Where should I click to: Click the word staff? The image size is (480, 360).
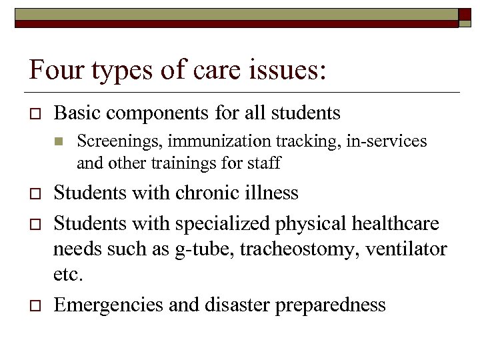click(264, 162)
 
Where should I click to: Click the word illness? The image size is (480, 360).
click(274, 193)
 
